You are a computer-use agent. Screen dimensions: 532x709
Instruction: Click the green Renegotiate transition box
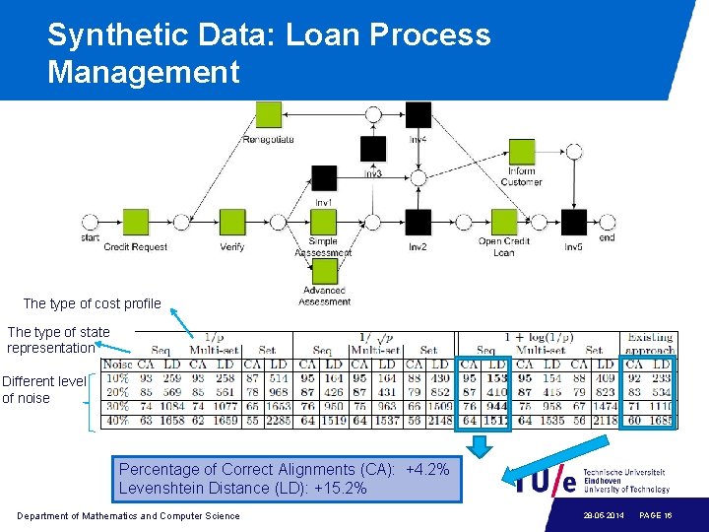coord(268,115)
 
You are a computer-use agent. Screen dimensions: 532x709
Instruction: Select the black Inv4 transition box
coord(419,115)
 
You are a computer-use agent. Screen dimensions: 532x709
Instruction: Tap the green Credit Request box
coord(136,223)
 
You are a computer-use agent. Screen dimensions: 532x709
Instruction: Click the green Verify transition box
coord(232,223)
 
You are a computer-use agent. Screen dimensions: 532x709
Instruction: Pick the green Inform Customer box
coord(521,152)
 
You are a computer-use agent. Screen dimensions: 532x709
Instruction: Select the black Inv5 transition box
coord(573,223)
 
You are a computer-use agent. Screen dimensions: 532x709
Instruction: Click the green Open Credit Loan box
coord(503,223)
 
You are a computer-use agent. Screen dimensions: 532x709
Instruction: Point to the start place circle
coord(90,223)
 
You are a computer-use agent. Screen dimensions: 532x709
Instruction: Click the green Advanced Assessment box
coord(324,271)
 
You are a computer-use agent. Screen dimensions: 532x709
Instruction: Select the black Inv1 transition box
coord(324,178)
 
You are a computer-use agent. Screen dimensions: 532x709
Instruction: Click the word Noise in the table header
coord(117,365)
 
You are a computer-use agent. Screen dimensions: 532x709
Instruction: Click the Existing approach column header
coord(650,344)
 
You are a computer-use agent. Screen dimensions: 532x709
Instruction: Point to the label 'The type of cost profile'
coord(92,303)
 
